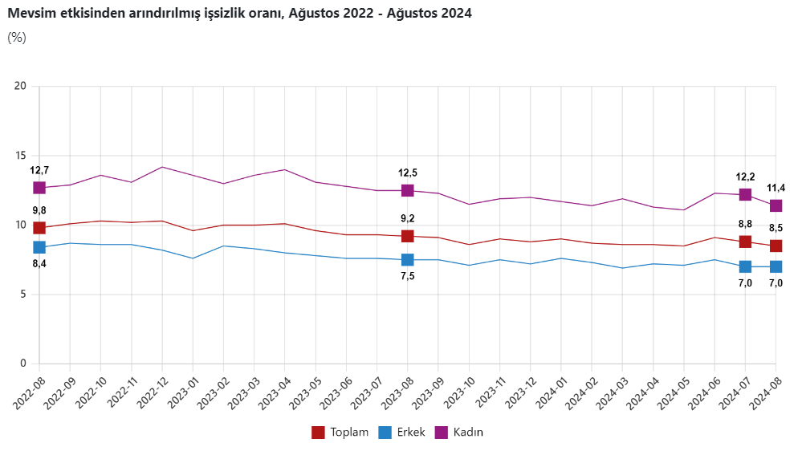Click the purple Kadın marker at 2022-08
point(39,188)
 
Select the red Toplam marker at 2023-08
point(408,236)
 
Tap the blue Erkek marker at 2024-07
point(745,266)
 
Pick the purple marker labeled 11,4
point(776,206)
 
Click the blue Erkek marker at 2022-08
point(39,247)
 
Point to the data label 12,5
point(408,173)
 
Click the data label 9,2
point(408,218)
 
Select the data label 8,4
point(39,263)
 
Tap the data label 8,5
point(776,227)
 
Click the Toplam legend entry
point(340,433)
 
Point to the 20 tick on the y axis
point(21,87)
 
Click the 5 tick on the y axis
point(23,295)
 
